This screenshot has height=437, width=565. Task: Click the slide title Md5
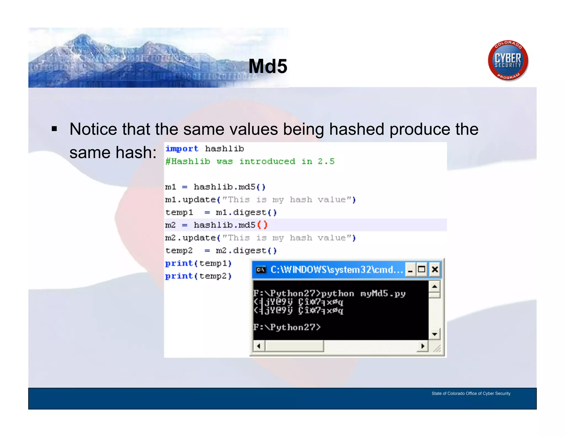(268, 66)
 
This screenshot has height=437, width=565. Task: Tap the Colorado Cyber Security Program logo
(508, 60)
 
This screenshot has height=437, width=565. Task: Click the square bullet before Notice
(54, 129)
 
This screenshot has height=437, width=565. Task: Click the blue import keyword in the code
(182, 149)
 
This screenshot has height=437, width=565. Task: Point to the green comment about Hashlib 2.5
(250, 161)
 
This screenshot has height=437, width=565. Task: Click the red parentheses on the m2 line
(262, 225)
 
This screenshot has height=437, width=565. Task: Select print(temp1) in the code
(198, 263)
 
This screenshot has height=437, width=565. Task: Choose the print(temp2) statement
(198, 276)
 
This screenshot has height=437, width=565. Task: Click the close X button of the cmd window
(435, 269)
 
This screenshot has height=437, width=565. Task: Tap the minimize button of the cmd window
(410, 270)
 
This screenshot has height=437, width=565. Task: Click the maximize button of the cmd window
(422, 269)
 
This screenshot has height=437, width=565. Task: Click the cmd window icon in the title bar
(261, 270)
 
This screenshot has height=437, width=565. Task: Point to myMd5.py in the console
(383, 293)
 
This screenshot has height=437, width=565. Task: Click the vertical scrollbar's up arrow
(435, 286)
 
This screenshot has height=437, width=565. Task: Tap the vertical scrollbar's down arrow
(435, 334)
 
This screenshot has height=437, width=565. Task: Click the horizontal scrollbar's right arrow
(423, 346)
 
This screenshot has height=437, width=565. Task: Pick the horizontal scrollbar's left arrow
(259, 346)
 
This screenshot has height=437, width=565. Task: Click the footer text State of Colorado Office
(471, 393)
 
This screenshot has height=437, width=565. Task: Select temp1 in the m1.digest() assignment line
(179, 212)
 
